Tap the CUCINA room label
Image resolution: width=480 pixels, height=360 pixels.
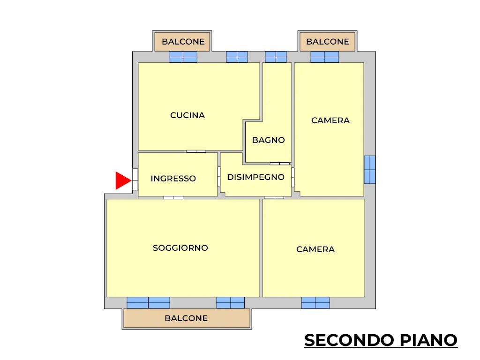(x=187, y=115)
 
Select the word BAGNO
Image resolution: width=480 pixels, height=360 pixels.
(x=269, y=140)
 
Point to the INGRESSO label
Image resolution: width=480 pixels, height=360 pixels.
(x=173, y=179)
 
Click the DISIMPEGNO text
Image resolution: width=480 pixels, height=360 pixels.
(x=256, y=177)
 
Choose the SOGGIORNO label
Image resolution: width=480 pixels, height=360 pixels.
(x=180, y=247)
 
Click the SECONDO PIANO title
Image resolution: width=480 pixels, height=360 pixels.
(x=381, y=340)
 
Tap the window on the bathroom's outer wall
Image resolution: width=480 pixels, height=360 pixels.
(x=276, y=57)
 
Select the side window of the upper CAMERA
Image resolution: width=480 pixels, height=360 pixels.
(x=370, y=170)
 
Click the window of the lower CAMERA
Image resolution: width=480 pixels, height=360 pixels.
(x=315, y=303)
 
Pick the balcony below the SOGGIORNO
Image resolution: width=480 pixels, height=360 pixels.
(x=187, y=318)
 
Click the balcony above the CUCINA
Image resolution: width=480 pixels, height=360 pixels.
(x=182, y=41)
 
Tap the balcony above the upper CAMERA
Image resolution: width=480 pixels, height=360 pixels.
(x=327, y=41)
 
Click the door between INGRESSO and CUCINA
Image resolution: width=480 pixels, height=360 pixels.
(x=196, y=151)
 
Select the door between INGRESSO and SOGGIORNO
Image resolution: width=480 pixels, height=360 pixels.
(x=173, y=197)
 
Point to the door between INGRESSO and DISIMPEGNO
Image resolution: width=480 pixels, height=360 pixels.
(x=219, y=176)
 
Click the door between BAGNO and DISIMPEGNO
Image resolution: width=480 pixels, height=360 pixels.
(x=280, y=164)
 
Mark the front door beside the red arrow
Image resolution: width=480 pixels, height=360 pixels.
(x=135, y=180)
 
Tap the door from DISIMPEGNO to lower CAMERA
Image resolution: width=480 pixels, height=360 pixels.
(x=274, y=197)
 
